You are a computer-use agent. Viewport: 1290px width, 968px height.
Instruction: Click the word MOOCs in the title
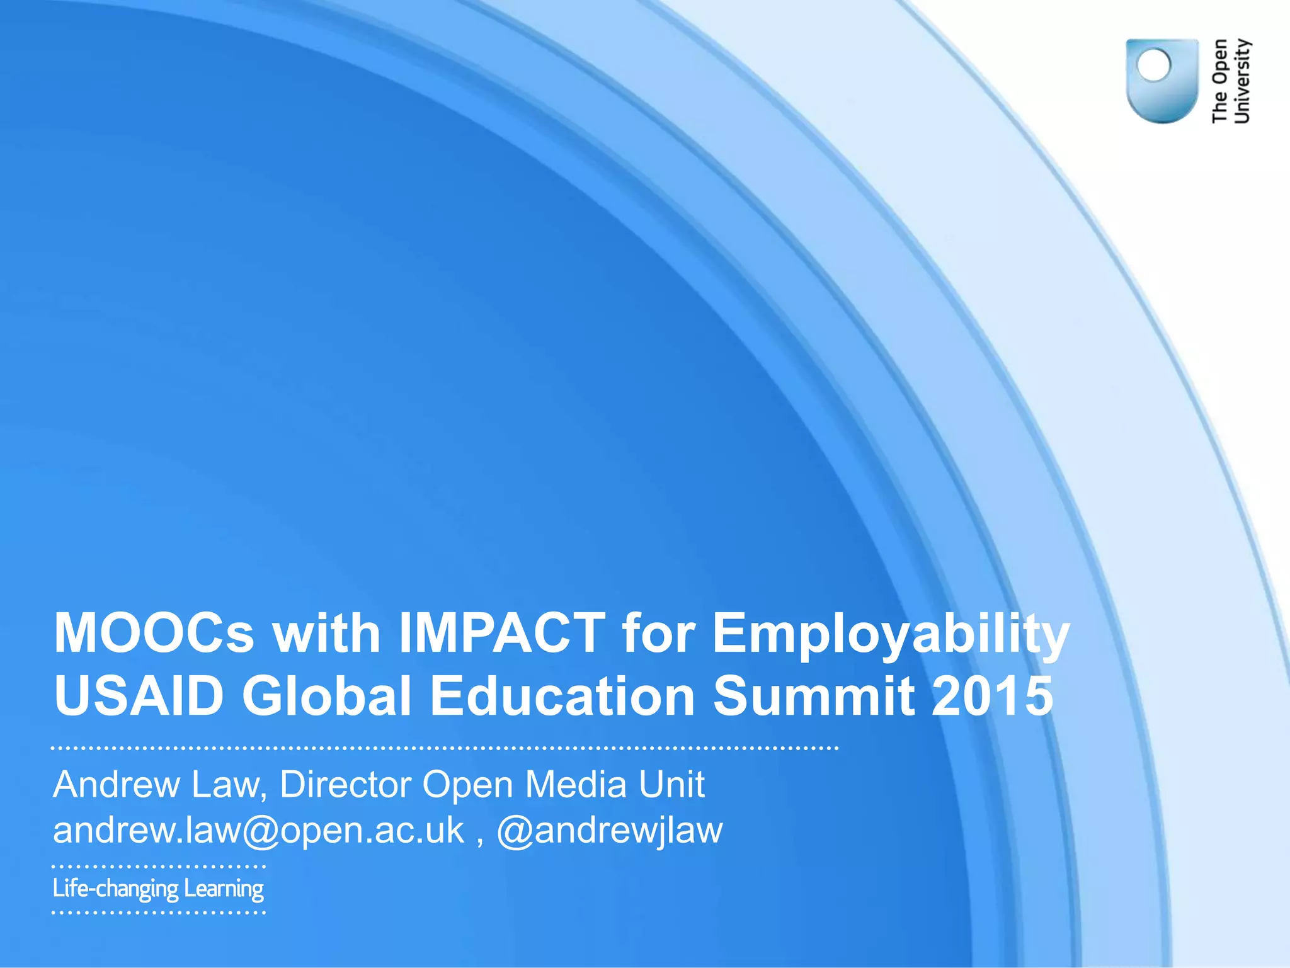pos(154,633)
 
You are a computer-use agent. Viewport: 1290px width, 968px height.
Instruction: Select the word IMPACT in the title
pos(502,633)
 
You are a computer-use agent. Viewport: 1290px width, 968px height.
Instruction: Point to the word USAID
pos(139,696)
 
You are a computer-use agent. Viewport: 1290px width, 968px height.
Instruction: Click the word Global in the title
pos(327,696)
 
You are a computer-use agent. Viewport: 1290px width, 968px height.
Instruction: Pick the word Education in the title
pos(562,696)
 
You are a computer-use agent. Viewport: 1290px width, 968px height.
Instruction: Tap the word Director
pos(345,785)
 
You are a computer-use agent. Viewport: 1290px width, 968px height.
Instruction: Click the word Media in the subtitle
pos(576,785)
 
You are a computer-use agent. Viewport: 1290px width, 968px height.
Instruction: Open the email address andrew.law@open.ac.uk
pos(258,831)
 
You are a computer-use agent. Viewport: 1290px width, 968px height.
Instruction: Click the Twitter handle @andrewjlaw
pos(610,831)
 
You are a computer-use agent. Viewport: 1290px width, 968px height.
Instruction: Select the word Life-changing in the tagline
pos(116,889)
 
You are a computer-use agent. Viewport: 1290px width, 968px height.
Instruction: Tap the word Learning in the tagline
pos(224,889)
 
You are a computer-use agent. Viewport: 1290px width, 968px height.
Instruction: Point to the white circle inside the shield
pos(1153,65)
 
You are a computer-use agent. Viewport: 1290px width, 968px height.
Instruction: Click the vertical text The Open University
pos(1231,81)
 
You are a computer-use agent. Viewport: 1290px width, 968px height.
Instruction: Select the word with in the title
pos(326,633)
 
